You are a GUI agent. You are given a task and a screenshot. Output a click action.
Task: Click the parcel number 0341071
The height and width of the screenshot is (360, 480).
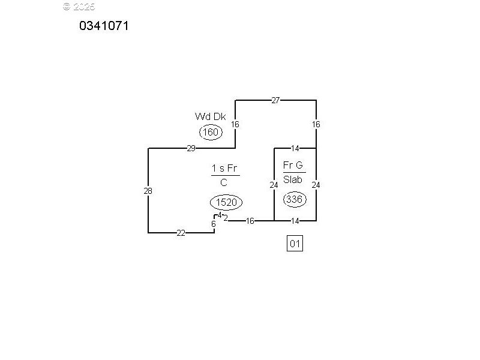coord(104,26)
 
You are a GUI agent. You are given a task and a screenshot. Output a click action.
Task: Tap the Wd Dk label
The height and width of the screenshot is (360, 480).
coord(210,116)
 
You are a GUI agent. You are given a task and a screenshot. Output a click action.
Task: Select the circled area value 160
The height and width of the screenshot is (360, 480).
coord(211,132)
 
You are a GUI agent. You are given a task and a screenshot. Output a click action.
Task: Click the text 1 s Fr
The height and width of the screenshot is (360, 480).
coord(225,168)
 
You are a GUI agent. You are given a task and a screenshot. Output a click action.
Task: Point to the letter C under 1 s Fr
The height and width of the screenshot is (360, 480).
coord(224,183)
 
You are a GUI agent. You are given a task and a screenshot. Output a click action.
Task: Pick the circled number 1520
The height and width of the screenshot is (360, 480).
coord(226,203)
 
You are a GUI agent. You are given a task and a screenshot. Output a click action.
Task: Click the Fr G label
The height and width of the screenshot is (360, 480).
coord(293,165)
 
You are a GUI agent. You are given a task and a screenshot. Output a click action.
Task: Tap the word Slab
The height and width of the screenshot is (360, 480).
coord(293,179)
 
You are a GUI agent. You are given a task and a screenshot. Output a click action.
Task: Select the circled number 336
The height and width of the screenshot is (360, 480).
coord(294,199)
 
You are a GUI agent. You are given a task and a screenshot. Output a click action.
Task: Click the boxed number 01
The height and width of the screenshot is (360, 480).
coord(295,244)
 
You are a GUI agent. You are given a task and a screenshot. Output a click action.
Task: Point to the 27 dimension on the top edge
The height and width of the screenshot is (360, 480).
coord(275,100)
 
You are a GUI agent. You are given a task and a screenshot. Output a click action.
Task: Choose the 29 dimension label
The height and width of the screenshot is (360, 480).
coord(191,148)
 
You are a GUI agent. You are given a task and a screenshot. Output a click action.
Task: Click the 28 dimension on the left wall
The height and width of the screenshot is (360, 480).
coord(148,191)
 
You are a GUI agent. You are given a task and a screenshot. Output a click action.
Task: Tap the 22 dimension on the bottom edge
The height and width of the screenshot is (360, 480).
coord(181,233)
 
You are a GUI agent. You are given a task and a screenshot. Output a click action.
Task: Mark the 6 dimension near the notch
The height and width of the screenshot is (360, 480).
coord(213,224)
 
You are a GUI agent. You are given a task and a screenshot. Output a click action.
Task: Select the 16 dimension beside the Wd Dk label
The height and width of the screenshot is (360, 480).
coord(235,124)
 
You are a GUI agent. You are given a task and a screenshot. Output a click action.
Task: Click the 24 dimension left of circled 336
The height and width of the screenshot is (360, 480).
coord(274,185)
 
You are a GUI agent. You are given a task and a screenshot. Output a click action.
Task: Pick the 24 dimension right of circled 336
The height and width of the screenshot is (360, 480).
coord(316,185)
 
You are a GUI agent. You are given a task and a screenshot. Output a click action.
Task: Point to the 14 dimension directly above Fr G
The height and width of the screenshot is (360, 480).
coord(295,148)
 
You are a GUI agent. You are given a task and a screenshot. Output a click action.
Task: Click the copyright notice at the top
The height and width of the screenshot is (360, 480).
coord(79,7)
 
